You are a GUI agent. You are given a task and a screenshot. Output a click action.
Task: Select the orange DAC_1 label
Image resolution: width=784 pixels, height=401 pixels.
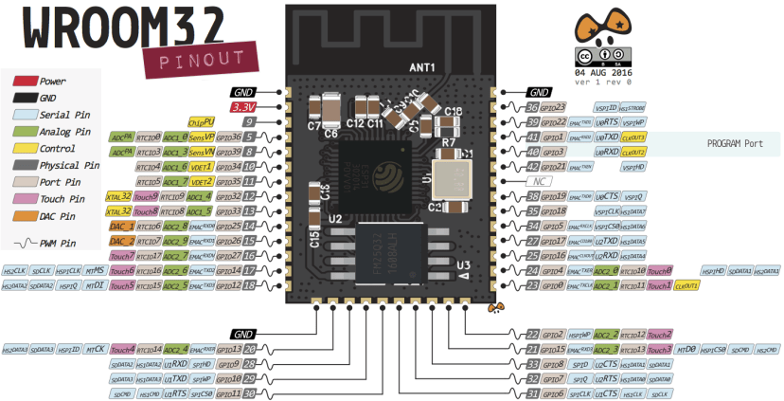tap(121, 226)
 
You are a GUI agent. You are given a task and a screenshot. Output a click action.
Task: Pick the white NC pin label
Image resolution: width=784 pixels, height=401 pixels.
tap(540, 181)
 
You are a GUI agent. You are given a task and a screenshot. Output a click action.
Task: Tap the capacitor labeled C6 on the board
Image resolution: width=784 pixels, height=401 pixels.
tap(331, 134)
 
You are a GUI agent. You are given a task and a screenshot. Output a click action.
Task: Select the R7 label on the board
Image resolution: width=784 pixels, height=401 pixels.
tap(450, 142)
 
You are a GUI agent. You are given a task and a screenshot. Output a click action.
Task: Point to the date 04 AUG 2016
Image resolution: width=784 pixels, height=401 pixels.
tap(602, 72)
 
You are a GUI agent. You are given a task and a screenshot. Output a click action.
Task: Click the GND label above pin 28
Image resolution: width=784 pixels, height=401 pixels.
tap(244, 334)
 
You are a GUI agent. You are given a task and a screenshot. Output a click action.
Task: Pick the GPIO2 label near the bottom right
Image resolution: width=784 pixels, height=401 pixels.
tap(554, 334)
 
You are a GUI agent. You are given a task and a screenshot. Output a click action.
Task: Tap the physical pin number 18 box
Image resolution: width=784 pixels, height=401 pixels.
tap(249, 284)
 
